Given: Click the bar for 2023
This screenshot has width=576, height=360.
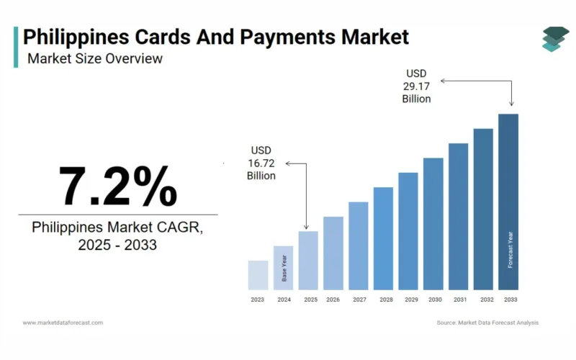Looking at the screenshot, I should pyautogui.click(x=258, y=275).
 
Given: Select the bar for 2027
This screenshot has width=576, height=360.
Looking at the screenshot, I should pyautogui.click(x=359, y=246).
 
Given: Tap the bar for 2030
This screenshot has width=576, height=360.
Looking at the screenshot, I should pyautogui.click(x=433, y=223).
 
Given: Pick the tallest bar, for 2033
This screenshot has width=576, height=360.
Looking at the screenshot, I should pyautogui.click(x=508, y=202).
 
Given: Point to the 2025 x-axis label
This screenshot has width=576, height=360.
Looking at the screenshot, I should pyautogui.click(x=310, y=300).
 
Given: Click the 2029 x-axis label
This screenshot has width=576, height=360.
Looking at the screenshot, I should pyautogui.click(x=409, y=300).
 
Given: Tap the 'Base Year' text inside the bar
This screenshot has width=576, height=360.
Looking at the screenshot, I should pyautogui.click(x=284, y=268).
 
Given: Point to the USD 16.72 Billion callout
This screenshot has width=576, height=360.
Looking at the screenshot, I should pyautogui.click(x=261, y=162).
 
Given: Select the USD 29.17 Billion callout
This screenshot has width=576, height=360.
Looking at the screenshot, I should pyautogui.click(x=416, y=86).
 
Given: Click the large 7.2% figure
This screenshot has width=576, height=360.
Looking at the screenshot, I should pyautogui.click(x=117, y=186).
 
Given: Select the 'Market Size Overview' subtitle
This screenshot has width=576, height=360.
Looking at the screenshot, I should pyautogui.click(x=95, y=58).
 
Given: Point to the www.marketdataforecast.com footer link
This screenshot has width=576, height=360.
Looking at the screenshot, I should pyautogui.click(x=63, y=323).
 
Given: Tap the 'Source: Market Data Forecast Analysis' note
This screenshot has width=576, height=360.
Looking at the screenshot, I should pyautogui.click(x=487, y=323).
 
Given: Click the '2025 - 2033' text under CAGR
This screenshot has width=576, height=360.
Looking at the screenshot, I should pyautogui.click(x=117, y=246).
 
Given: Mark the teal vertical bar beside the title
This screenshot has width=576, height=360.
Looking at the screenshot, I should pyautogui.click(x=16, y=48).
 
